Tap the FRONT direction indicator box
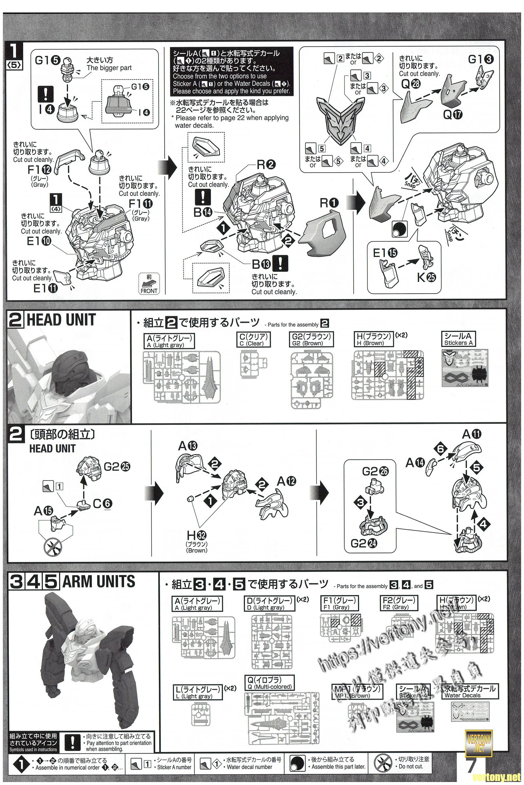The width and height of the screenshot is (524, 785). (x=149, y=284)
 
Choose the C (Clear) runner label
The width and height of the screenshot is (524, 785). (x=253, y=340)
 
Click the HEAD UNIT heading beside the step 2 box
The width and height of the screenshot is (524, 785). (x=61, y=320)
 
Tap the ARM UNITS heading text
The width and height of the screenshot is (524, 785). (x=99, y=582)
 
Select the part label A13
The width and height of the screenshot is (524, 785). (x=188, y=445)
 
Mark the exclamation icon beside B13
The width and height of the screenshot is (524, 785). (x=280, y=264)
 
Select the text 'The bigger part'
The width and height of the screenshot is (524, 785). (x=109, y=68)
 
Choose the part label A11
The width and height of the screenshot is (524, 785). (x=472, y=434)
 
